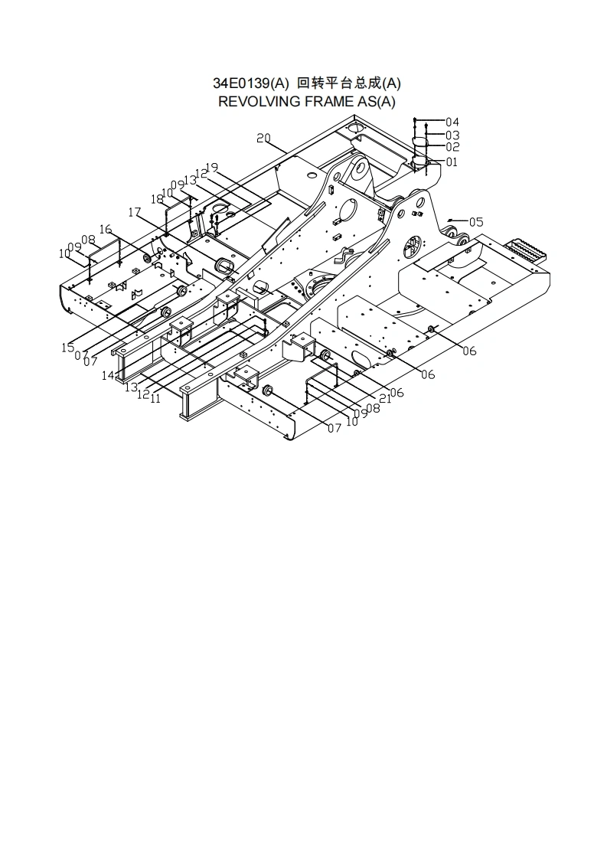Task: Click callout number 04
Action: (x=452, y=122)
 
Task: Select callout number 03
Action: (x=452, y=136)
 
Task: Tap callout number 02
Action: (x=452, y=147)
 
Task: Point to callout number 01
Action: (x=451, y=162)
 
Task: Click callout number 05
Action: (x=476, y=222)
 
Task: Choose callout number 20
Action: (x=263, y=139)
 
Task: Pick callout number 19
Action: (x=212, y=168)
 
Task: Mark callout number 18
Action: (x=157, y=199)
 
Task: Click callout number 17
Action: (x=135, y=212)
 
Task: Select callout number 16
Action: (x=106, y=229)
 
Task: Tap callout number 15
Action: (x=68, y=348)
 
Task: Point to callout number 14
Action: (x=108, y=376)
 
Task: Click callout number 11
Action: (x=155, y=398)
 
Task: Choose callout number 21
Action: (x=385, y=398)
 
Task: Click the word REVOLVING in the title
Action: (x=256, y=102)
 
